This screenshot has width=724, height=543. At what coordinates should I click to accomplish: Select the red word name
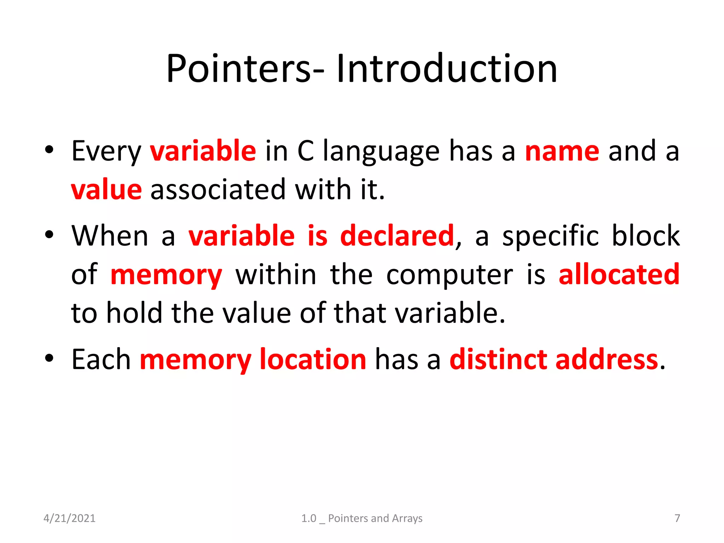(x=562, y=151)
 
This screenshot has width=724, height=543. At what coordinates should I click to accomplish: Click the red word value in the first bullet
(x=106, y=190)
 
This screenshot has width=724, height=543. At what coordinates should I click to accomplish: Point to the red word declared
(x=397, y=236)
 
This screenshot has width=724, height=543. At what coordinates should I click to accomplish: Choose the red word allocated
(x=619, y=274)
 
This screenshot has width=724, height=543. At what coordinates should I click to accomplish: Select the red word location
(x=313, y=360)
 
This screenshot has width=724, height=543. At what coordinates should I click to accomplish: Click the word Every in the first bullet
(x=106, y=151)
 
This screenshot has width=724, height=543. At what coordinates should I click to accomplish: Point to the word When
(x=110, y=236)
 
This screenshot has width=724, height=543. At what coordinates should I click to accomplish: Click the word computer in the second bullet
(x=449, y=275)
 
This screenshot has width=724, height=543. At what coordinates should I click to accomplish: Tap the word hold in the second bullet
(x=134, y=313)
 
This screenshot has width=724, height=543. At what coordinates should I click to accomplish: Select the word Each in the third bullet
(x=101, y=360)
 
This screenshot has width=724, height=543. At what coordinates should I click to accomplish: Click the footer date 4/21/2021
(x=69, y=518)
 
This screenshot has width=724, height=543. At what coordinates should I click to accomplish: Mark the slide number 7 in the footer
(x=677, y=518)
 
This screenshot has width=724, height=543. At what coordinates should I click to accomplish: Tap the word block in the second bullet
(x=646, y=236)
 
